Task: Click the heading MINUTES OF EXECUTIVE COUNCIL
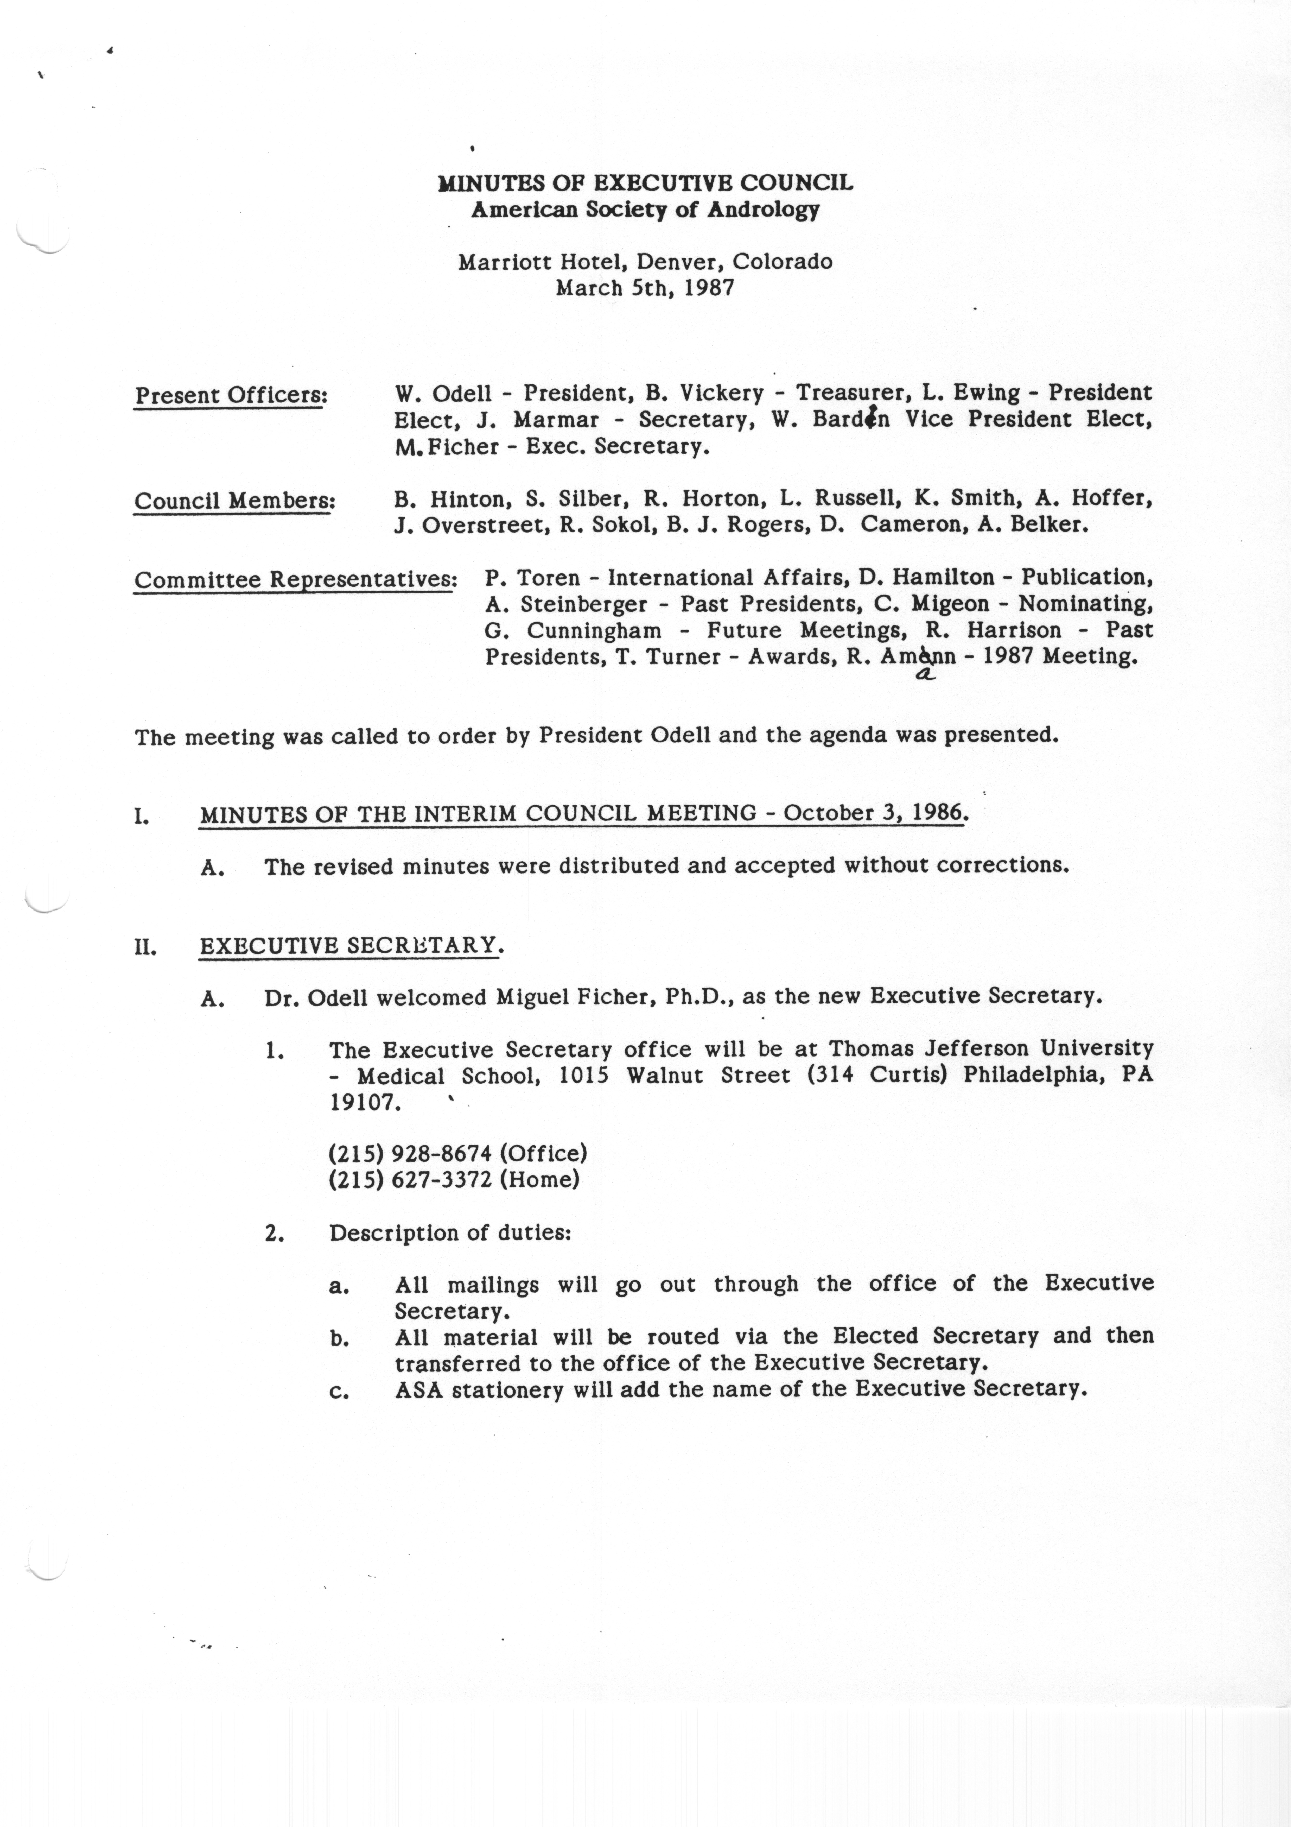645,183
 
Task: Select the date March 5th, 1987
644,287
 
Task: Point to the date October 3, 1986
874,813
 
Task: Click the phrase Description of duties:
450,1232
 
